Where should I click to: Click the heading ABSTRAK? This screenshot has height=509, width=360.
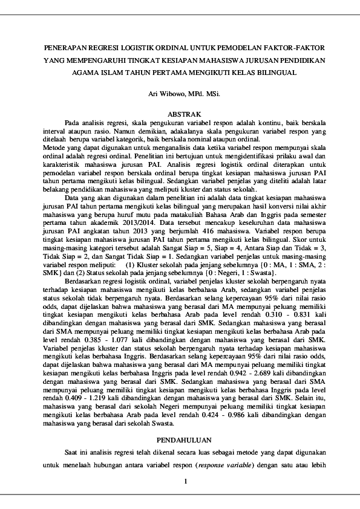[x=180, y=114]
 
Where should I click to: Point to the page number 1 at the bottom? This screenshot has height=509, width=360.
[x=186, y=481]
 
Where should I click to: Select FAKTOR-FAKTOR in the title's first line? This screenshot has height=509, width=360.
[x=292, y=47]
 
